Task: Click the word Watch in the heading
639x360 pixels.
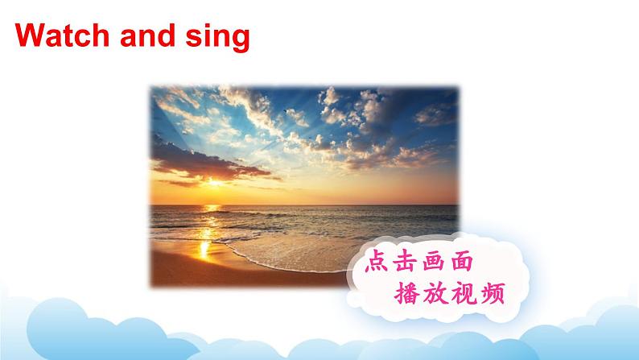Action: (x=62, y=35)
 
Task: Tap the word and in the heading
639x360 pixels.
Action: (x=147, y=35)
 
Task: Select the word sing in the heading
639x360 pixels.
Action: (x=217, y=37)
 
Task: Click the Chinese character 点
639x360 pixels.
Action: (x=376, y=261)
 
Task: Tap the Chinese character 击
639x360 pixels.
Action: (x=405, y=261)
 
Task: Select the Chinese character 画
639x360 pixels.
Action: (x=434, y=261)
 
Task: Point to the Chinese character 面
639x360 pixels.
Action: (x=462, y=261)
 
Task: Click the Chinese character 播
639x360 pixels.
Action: (x=406, y=292)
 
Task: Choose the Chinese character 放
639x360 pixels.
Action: (x=435, y=292)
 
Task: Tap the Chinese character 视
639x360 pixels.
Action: (x=464, y=292)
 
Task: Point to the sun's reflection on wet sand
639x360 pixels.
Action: (x=204, y=249)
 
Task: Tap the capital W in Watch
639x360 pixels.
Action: (x=30, y=35)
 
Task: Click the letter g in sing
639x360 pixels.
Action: (x=241, y=41)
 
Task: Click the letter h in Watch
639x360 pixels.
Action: (x=101, y=35)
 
